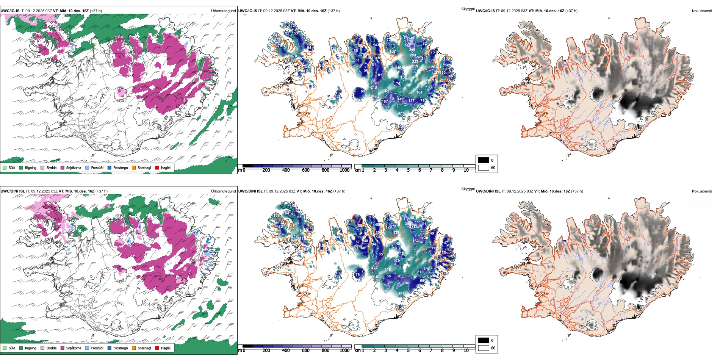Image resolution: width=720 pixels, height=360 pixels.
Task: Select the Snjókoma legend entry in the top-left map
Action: pos(70,167)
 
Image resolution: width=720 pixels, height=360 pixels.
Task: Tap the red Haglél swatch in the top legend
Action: pos(157,167)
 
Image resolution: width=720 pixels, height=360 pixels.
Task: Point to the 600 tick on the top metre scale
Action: pos(305,170)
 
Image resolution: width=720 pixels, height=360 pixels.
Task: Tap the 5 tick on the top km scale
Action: pos(408,170)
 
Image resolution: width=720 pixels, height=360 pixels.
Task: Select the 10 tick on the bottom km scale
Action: pos(466,351)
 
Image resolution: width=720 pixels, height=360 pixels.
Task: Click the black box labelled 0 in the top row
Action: pos(484,160)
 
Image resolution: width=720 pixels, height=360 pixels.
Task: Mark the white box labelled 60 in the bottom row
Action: pos(484,348)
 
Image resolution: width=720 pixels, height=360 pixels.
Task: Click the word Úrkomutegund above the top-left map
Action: pos(223,11)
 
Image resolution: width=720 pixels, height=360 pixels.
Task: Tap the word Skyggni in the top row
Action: pos(468,9)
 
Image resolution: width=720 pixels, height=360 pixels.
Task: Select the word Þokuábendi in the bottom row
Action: pos(702,191)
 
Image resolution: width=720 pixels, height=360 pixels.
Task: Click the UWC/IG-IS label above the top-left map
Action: pos(10,11)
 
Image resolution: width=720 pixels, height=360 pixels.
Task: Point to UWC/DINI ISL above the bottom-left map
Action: pos(13,191)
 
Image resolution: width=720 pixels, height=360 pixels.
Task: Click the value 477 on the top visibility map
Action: pos(401,113)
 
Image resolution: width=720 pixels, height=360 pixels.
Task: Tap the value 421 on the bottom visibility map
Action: pos(401,294)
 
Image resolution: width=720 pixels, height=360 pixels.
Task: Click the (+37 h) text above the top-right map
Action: pos(571,11)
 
